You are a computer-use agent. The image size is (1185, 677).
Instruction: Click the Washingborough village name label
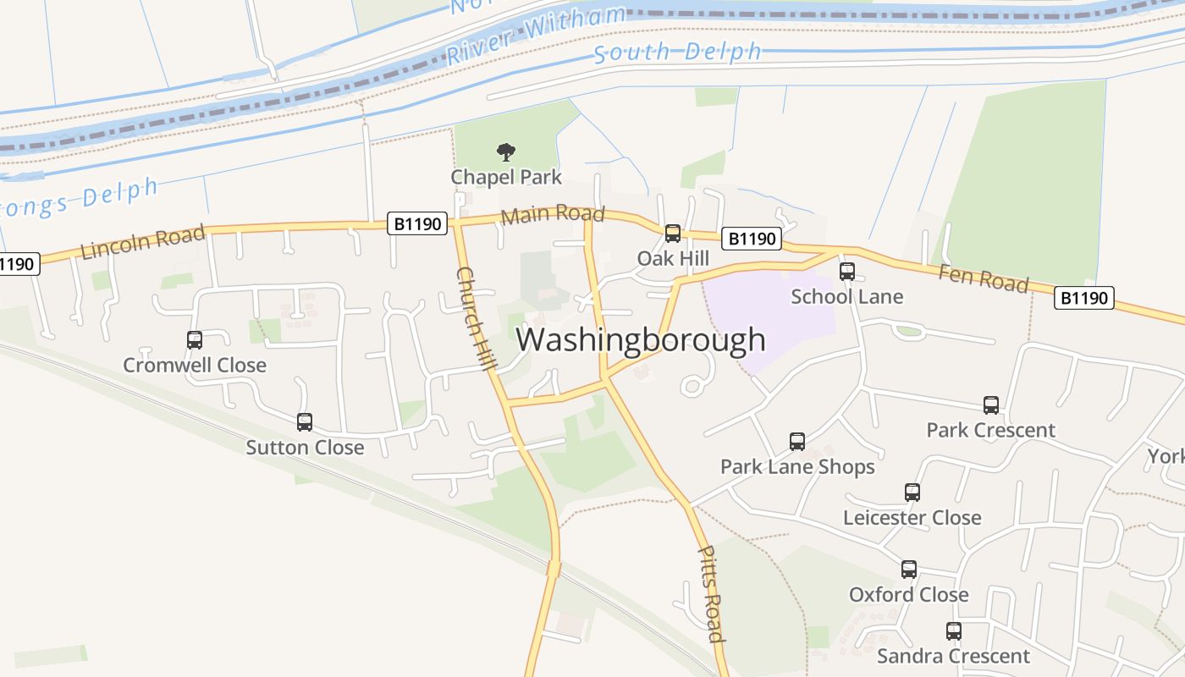point(641,339)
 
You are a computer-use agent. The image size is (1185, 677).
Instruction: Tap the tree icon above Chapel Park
point(505,152)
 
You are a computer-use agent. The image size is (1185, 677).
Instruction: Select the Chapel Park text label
point(505,177)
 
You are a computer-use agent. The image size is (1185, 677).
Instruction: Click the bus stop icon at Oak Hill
point(673,234)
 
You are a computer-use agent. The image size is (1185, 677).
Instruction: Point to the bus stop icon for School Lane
point(846,272)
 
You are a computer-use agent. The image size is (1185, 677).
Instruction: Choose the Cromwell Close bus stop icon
point(195,340)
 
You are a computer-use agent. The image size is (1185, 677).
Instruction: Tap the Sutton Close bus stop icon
point(305,421)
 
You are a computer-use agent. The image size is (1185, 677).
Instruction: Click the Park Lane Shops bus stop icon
point(796,441)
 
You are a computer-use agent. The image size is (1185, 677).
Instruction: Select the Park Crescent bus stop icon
point(990,405)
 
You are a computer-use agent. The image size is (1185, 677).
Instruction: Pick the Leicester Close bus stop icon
point(912,493)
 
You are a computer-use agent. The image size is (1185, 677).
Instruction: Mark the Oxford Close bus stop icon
point(908,570)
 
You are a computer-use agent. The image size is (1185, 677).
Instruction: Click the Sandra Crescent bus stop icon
point(953,631)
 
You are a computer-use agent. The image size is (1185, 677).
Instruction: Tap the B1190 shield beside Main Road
point(418,223)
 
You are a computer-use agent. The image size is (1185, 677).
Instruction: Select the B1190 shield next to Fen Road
point(1083,298)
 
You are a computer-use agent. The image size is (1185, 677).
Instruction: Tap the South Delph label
point(677,52)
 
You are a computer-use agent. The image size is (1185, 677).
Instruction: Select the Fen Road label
point(983,278)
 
